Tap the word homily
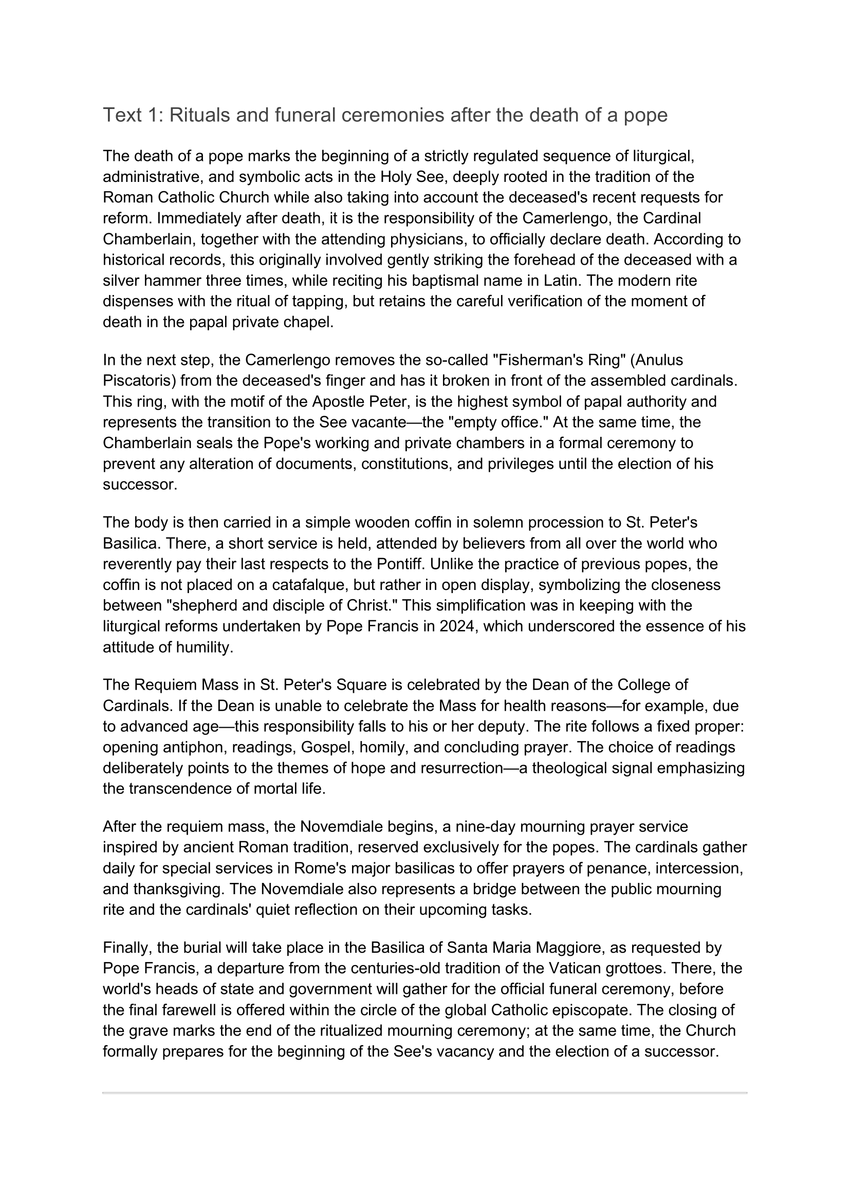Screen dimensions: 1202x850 click(x=381, y=747)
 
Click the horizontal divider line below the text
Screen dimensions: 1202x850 click(x=424, y=1093)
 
